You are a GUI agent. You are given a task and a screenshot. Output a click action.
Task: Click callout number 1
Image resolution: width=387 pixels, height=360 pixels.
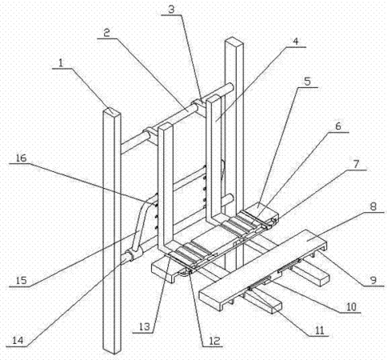point(61,63)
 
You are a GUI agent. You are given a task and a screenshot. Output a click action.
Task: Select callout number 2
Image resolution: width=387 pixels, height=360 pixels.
point(106,33)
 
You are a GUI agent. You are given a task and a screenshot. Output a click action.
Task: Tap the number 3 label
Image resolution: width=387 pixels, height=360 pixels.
point(171,10)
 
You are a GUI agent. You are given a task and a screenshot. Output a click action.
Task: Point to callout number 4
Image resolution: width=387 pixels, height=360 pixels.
point(296,41)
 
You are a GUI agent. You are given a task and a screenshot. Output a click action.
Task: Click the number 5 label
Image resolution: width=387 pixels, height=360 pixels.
point(307,82)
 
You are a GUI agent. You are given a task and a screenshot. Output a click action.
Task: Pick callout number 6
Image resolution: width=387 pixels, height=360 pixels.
point(338,126)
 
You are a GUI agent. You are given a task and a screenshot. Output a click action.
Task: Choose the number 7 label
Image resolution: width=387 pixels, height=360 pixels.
point(357,164)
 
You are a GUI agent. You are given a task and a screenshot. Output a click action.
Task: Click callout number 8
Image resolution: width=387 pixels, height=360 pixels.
point(373,206)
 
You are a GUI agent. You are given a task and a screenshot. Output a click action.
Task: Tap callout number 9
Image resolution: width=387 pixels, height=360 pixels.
point(373,280)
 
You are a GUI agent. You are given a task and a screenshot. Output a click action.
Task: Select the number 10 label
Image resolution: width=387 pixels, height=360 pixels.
point(351,306)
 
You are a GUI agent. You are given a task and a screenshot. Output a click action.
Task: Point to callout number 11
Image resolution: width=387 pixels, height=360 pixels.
point(319,330)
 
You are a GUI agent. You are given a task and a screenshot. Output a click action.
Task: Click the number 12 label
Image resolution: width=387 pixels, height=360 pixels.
point(214,341)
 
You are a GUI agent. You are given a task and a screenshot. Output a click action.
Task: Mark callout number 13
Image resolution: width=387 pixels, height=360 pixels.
point(145,327)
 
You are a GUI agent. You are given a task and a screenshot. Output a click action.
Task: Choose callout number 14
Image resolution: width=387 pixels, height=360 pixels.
point(18,341)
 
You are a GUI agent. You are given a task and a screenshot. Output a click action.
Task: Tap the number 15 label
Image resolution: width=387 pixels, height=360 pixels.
point(21,281)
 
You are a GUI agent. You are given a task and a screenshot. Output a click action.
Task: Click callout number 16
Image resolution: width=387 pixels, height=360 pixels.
point(21,158)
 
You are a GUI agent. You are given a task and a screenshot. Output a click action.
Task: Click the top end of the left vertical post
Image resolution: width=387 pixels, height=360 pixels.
point(112,111)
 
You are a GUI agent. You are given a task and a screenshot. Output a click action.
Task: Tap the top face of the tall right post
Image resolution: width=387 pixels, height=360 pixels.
point(234,41)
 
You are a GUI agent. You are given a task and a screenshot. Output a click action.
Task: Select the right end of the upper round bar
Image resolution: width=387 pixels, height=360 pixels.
point(230,87)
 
